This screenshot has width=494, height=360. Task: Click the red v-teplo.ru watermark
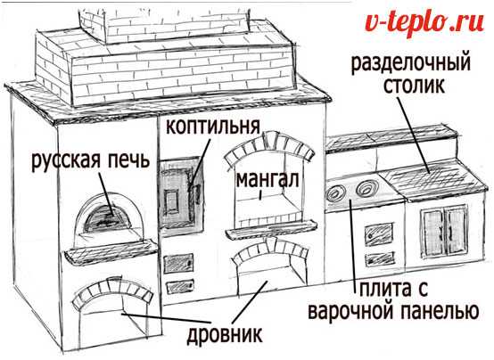click(424, 23)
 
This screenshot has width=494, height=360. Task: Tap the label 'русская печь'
click(90, 160)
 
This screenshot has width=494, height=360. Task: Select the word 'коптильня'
click(213, 127)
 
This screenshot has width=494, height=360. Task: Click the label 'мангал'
click(268, 180)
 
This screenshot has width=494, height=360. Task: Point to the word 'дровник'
click(225, 334)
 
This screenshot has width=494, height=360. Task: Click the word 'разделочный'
click(411, 63)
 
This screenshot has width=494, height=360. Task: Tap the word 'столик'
click(415, 85)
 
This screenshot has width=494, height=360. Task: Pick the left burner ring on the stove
click(336, 192)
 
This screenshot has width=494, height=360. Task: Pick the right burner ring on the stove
click(366, 188)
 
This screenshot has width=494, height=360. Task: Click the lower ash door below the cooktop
click(379, 259)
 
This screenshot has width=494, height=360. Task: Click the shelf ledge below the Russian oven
click(111, 250)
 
